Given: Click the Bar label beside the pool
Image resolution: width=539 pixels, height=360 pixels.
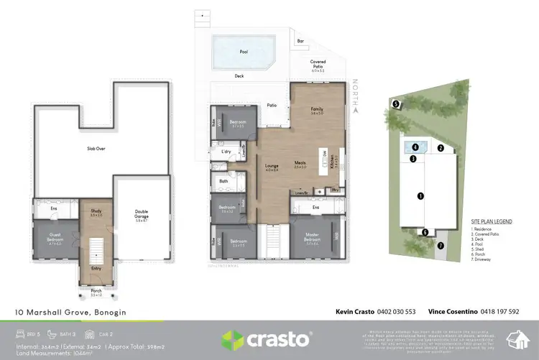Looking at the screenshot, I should tap(300, 42).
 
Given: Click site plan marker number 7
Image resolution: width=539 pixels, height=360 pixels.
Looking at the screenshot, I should tap(441, 244).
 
